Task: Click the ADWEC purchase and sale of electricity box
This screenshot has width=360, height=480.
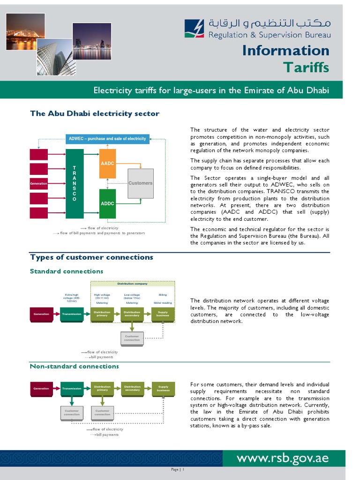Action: pyautogui.click(x=107, y=139)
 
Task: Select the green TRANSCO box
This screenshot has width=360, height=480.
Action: pyautogui.click(x=75, y=184)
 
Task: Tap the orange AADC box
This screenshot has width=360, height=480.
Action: pyautogui.click(x=107, y=164)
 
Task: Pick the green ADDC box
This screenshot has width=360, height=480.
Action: pyautogui.click(x=107, y=204)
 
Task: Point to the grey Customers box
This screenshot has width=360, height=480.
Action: pyautogui.click(x=141, y=183)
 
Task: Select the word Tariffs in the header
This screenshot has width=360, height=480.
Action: pyautogui.click(x=306, y=67)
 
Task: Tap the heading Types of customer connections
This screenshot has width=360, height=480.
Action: pyautogui.click(x=91, y=257)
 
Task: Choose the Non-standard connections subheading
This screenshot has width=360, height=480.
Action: pyautogui.click(x=74, y=366)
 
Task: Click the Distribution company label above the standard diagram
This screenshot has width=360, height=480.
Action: pyautogui.click(x=132, y=284)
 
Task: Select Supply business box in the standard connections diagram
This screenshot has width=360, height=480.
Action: pyautogui.click(x=163, y=314)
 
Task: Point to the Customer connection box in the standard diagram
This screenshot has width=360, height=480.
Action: pyautogui.click(x=132, y=338)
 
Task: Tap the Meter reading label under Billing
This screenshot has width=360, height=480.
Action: pyautogui.click(x=163, y=303)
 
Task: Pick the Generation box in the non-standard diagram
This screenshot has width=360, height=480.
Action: pyautogui.click(x=41, y=389)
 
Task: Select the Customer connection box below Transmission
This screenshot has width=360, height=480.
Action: pyautogui.click(x=72, y=412)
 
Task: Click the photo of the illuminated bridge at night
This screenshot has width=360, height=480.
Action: pyautogui.click(x=26, y=31)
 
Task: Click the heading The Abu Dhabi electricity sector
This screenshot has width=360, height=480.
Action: pyautogui.click(x=95, y=113)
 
